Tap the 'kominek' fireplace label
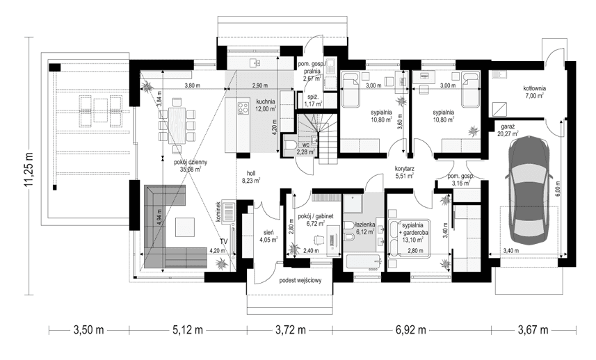(218, 212)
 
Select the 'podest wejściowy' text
(300, 281)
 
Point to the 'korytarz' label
(404, 167)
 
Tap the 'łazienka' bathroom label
(365, 224)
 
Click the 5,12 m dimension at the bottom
(187, 329)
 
